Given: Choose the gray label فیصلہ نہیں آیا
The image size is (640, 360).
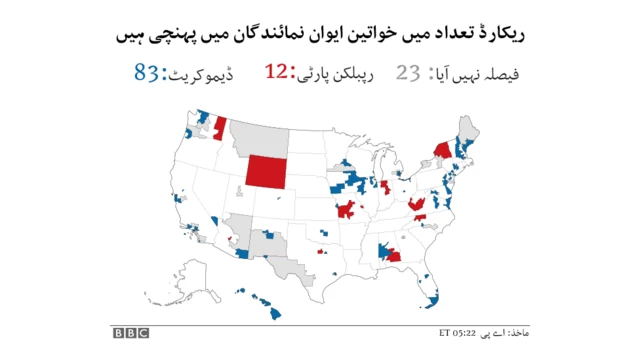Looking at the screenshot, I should (x=477, y=74).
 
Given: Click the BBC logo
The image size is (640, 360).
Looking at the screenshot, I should (x=129, y=332).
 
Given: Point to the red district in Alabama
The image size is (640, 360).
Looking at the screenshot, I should (x=393, y=253).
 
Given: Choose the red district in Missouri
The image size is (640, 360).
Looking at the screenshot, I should (x=347, y=210).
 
